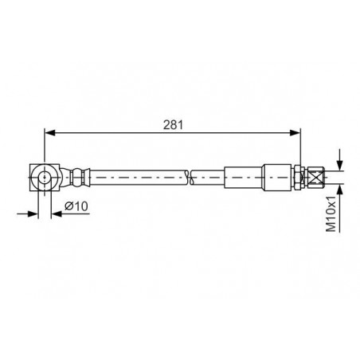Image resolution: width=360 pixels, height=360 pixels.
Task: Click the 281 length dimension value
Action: [x=173, y=125]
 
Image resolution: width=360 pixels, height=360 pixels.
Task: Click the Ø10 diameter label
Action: [x=76, y=206]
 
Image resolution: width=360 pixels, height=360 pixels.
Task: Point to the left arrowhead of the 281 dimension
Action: [x=49, y=133]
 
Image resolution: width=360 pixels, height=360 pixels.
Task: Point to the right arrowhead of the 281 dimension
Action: [x=295, y=133]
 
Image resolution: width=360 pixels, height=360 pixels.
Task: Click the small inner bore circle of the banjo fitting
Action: [x=45, y=177]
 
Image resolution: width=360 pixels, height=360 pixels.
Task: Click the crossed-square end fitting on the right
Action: [x=316, y=177]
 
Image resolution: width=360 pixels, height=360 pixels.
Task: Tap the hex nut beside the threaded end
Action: [x=298, y=177]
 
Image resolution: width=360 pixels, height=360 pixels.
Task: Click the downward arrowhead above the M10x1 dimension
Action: [x=340, y=165]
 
